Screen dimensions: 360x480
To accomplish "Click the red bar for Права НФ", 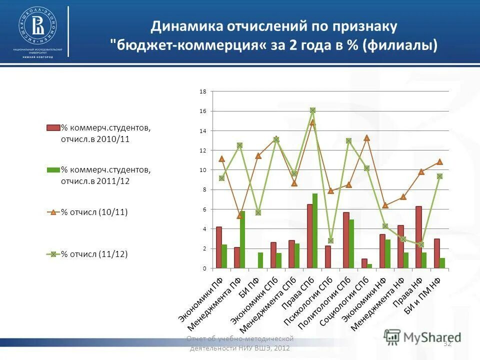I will click(x=418, y=237).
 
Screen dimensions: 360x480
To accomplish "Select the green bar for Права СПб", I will click(x=315, y=231).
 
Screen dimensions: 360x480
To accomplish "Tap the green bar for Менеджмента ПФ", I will click(x=242, y=240).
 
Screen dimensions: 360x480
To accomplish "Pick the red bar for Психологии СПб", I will click(x=327, y=257).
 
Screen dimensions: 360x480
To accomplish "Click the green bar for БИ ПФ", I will click(x=260, y=260).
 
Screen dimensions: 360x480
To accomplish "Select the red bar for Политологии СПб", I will click(x=346, y=240).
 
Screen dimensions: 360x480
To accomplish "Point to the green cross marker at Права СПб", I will click(x=312, y=110).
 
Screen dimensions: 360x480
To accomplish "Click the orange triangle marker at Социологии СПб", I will click(x=366, y=137).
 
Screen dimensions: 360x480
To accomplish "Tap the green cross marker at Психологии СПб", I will click(x=330, y=240).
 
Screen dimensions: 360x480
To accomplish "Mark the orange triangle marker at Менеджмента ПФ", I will click(x=240, y=215).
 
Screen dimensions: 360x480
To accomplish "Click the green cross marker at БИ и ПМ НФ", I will click(x=439, y=176).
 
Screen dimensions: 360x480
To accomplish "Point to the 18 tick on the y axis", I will click(x=203, y=91).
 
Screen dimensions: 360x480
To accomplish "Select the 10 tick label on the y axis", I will click(x=203, y=170).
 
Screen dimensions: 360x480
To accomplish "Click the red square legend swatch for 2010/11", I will click(x=53, y=127).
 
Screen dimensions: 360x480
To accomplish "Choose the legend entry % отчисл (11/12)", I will click(x=94, y=254).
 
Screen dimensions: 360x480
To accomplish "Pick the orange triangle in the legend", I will click(x=53, y=212).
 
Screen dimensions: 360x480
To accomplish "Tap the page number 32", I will click(x=447, y=343).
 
